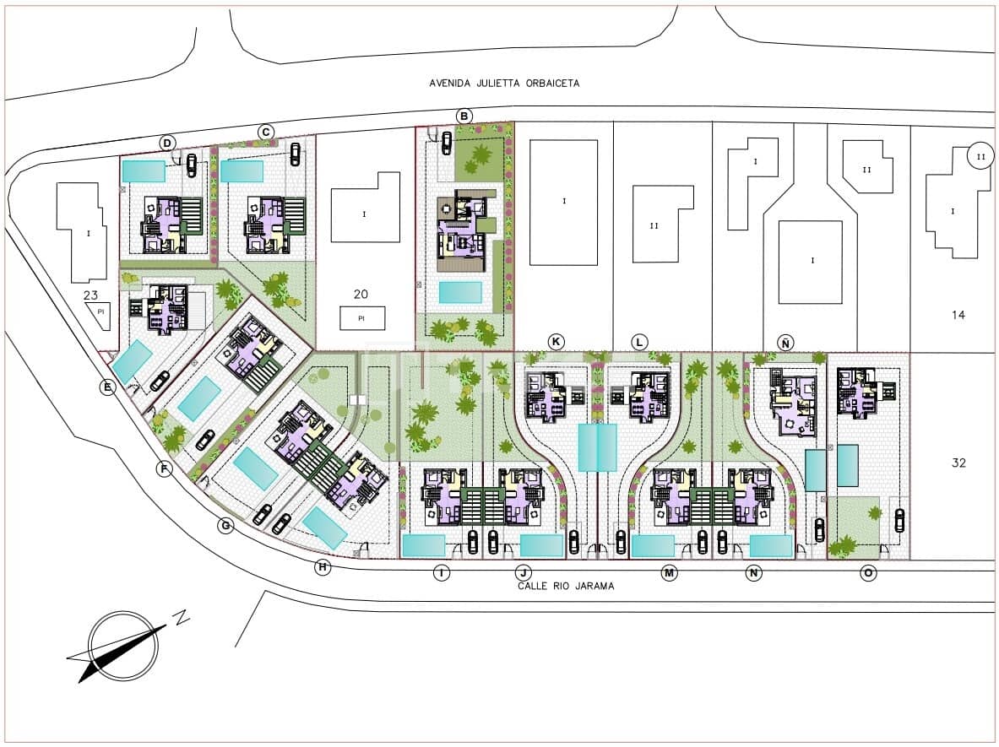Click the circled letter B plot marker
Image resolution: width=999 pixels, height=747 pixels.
pos(464,116)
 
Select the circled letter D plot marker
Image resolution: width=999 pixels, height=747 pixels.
pos(167,143)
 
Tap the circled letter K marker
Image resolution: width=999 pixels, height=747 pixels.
pos(557,342)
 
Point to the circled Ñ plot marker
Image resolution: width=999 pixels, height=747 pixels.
pos(785,344)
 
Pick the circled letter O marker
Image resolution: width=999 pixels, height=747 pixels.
pos(868,573)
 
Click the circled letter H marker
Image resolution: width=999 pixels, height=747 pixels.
pos(323,566)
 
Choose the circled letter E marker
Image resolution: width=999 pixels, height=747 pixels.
pos(108,387)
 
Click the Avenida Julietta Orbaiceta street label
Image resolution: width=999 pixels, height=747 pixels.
pos(505,84)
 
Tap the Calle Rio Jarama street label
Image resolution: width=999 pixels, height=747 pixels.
pos(566,586)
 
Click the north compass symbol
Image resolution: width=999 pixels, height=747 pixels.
pos(123,646)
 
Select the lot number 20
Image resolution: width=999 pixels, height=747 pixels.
pos(361,295)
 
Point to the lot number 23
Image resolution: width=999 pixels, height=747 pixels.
pos(90,295)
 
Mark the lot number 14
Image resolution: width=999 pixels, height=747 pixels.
pos(958,315)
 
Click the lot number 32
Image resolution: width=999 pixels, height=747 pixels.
pos(958,463)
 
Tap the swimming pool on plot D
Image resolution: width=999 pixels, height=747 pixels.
pos(144,171)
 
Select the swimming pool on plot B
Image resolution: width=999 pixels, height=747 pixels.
pos(460,292)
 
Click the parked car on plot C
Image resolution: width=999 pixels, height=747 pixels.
pos(295,154)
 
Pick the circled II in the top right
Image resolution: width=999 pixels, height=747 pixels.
pos(980,156)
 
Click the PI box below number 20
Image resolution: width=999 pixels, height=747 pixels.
pos(362,318)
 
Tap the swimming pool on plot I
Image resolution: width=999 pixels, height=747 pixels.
pos(424,546)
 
